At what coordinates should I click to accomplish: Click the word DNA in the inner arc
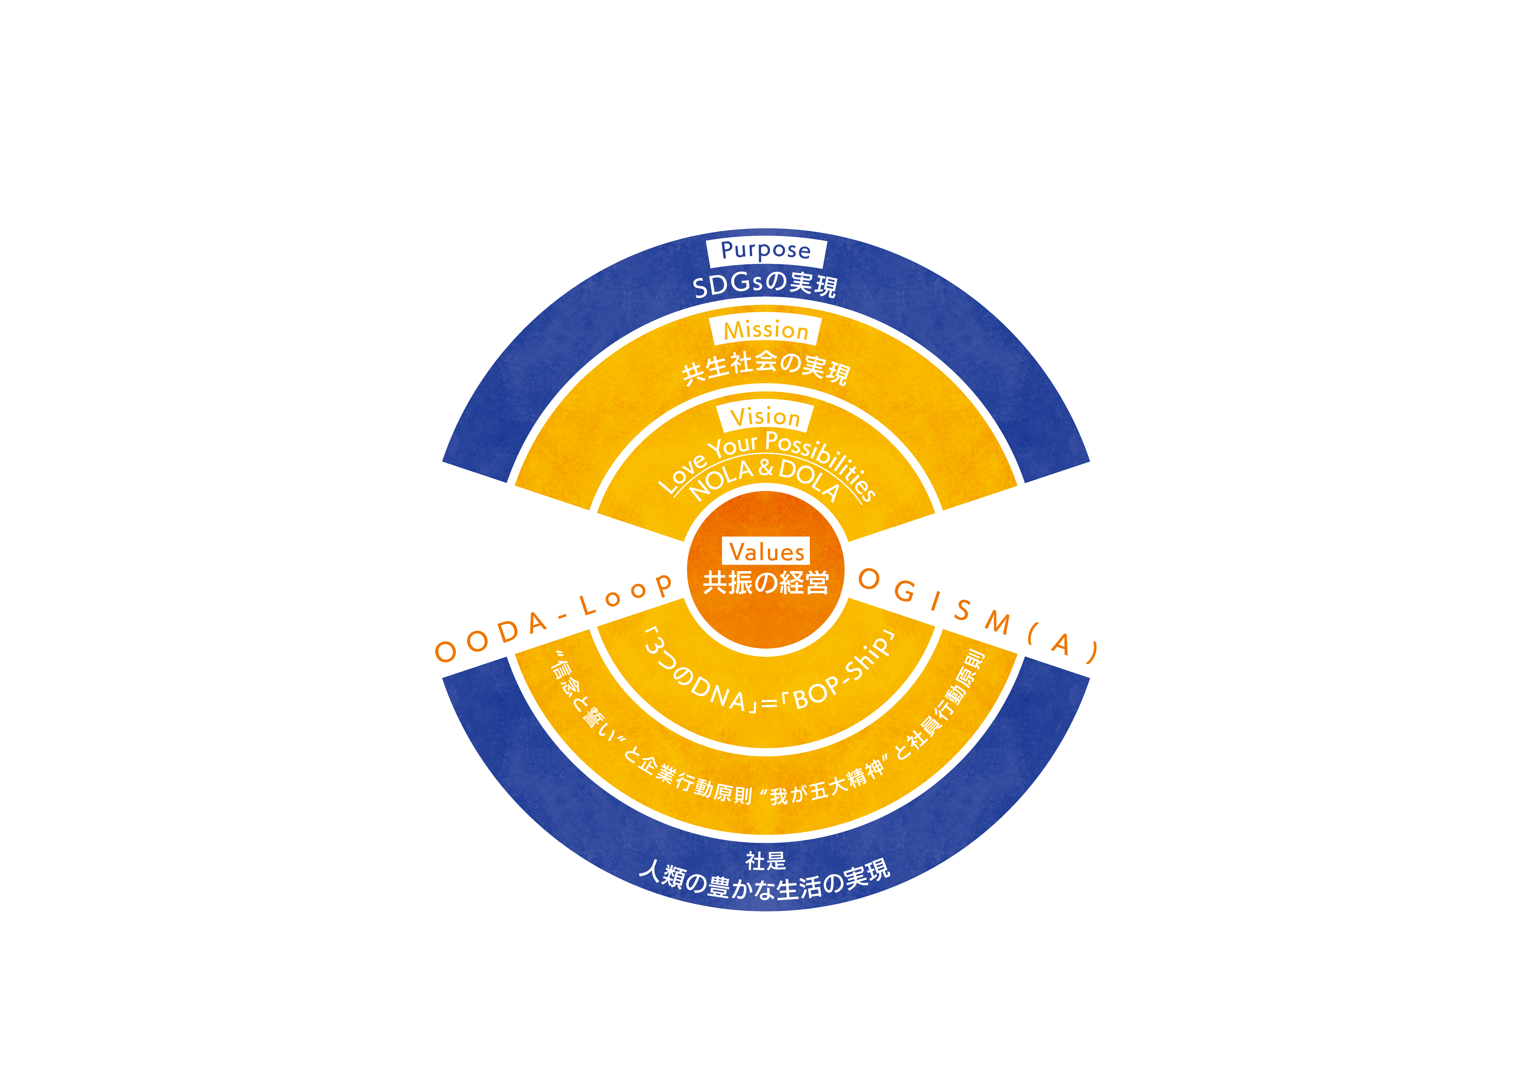[x=717, y=694]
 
